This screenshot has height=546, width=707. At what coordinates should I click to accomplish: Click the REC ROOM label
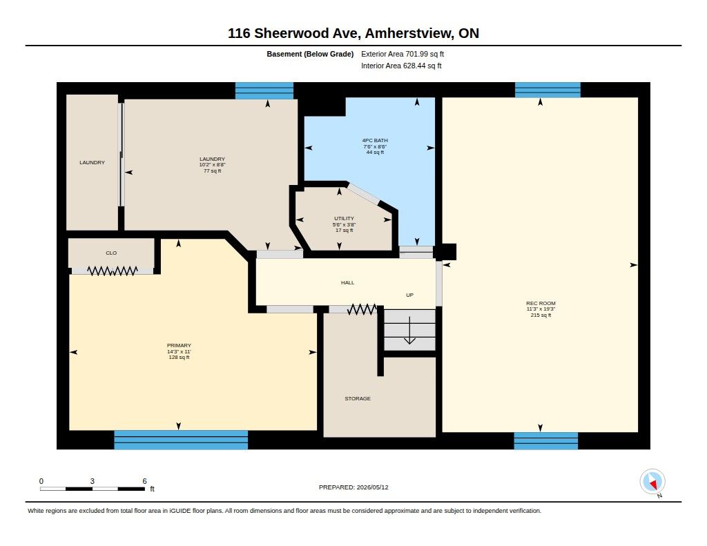coord(541,304)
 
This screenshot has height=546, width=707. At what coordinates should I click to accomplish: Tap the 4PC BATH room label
coord(375,140)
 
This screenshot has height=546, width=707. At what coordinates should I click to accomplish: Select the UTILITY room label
coord(344,218)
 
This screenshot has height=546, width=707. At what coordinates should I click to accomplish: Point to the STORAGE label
coord(358,398)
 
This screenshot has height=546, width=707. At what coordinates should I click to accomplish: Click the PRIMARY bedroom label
coord(179,345)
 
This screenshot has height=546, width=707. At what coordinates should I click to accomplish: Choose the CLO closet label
coord(111,253)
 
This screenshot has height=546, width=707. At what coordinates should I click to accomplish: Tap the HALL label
coord(348,283)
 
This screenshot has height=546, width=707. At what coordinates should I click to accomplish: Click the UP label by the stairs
coord(410,295)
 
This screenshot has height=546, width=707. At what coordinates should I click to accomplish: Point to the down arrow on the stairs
coord(409,331)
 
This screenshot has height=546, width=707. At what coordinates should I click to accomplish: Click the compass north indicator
coord(652,482)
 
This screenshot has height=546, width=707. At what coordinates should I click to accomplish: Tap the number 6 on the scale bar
coord(144,481)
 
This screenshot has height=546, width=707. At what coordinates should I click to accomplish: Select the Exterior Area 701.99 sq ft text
coord(403,54)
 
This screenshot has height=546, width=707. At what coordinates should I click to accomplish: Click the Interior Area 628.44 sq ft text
coord(401,66)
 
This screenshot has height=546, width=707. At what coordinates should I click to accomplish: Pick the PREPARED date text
coord(353,487)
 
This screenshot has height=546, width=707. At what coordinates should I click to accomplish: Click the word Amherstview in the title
coord(409,33)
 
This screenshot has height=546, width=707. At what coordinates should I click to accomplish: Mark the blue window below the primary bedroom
coord(181,440)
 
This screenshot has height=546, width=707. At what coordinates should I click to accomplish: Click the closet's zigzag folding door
coord(113,271)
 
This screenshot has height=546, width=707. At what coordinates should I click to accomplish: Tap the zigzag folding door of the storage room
coord(362,309)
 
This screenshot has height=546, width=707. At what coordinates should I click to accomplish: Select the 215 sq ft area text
coord(541,315)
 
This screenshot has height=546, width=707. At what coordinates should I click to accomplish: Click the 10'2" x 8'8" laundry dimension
coord(213,165)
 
